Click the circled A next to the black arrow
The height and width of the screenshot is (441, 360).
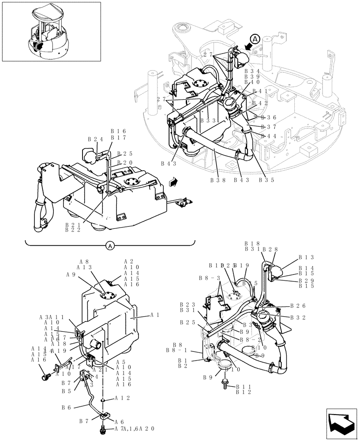pyautogui.click(x=255, y=38)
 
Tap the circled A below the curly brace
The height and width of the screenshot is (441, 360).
pyautogui.click(x=110, y=246)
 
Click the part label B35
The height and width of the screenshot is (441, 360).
pyautogui.click(x=266, y=179)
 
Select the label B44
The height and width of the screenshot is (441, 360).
pyautogui.click(x=269, y=136)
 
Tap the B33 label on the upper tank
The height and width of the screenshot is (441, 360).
pyautogui.click(x=208, y=120)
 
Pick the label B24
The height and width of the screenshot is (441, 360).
pyautogui.click(x=95, y=139)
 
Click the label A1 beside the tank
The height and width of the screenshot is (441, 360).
pyautogui.click(x=154, y=315)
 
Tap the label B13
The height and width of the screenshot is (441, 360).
pyautogui.click(x=306, y=257)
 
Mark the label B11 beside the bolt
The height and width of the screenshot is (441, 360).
pyautogui.click(x=243, y=387)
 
